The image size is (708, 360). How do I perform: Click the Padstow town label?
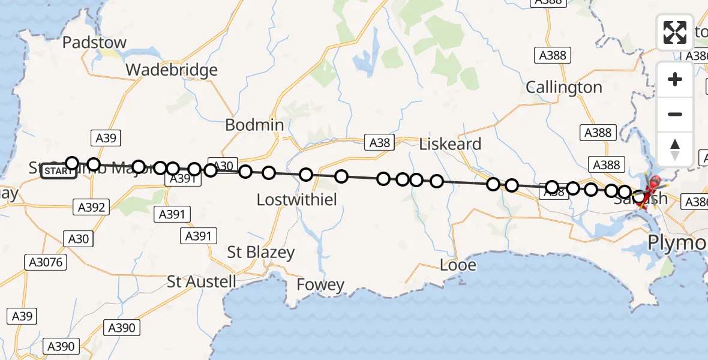point(95,43)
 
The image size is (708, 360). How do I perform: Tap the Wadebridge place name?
point(171,70)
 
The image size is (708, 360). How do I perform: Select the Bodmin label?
point(254,125)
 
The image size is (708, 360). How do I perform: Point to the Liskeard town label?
point(450,144)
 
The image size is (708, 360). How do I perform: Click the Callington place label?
point(564,88)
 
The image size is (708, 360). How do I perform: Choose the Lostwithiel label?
point(296,200)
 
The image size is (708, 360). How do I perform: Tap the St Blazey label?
point(260,253)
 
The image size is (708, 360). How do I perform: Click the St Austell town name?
point(201,281)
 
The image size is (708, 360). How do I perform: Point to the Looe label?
point(458,265)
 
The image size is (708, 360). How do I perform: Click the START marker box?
point(59,172)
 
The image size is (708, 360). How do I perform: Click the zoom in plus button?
point(675,79)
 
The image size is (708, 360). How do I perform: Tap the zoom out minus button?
point(675,114)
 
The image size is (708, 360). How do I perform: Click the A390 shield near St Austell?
point(122,328)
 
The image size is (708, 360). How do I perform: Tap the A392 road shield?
point(92,208)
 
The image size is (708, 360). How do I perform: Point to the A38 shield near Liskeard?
point(380,142)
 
